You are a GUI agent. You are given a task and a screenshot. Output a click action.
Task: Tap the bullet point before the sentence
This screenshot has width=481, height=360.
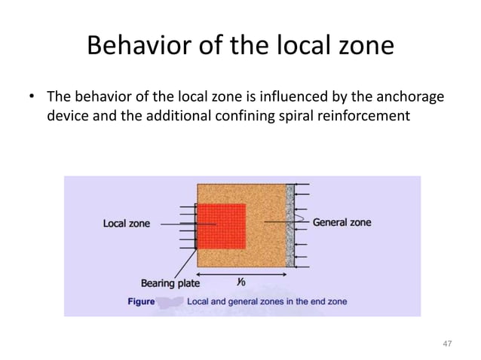tap(32, 98)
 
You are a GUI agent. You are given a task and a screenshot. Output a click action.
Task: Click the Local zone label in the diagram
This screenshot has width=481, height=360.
tap(126, 224)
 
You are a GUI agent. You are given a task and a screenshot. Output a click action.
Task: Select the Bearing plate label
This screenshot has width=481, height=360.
tap(170, 284)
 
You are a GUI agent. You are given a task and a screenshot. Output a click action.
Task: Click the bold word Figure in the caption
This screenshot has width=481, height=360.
tap(140, 301)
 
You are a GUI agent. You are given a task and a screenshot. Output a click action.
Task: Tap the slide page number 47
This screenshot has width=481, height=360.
tap(447, 343)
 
